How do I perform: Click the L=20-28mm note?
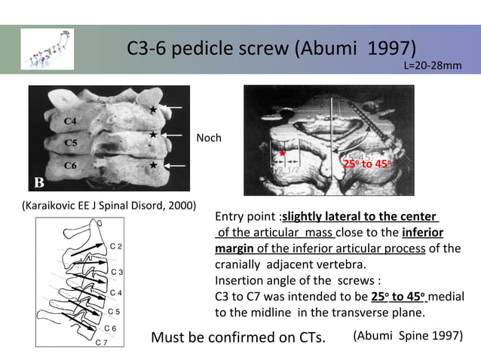[433, 66]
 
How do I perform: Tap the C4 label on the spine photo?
[70, 121]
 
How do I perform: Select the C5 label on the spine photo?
[70, 142]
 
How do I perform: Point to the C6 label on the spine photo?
[70, 165]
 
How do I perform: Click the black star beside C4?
[153, 110]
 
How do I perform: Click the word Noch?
[209, 139]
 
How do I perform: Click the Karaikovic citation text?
[109, 206]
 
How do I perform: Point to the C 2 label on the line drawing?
[117, 246]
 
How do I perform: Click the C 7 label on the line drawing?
[101, 343]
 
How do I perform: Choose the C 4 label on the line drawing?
[116, 292]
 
